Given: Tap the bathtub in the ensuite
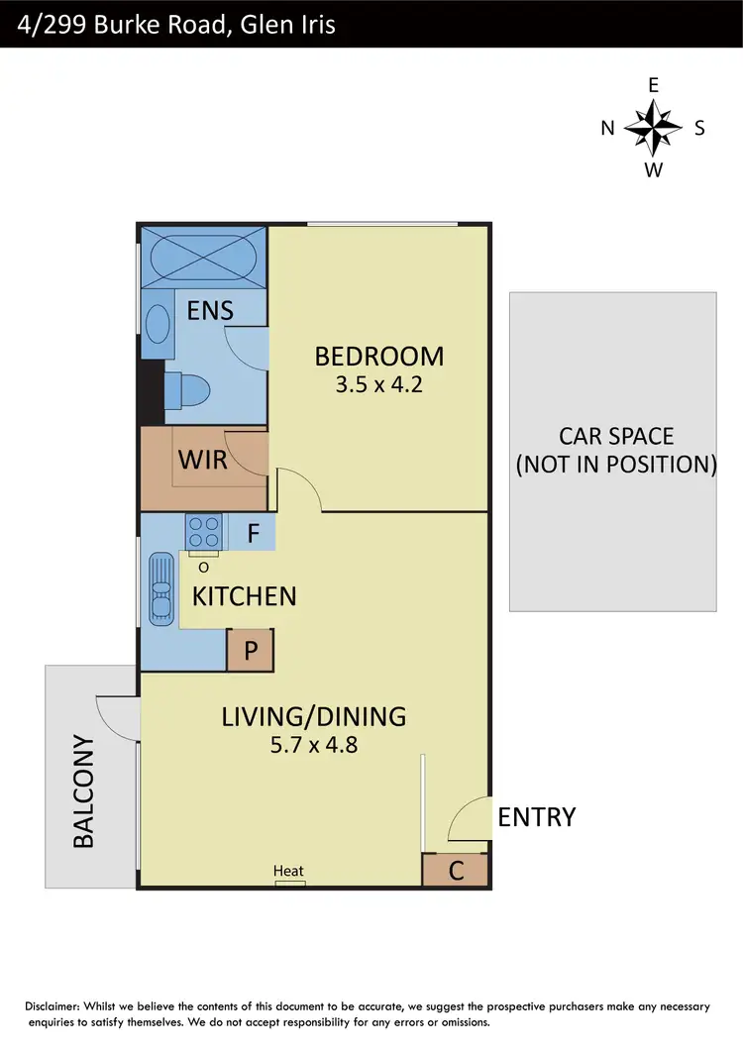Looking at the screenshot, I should click(202, 258).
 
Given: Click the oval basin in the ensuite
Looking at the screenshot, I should click(157, 323).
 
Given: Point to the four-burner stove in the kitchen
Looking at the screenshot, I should click(202, 532).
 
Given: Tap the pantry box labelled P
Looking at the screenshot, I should click(251, 651).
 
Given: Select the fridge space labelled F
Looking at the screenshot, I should click(253, 534).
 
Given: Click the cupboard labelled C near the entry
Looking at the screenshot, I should click(456, 871).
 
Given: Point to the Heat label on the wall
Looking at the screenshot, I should click(289, 872).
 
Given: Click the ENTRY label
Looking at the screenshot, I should click(536, 817).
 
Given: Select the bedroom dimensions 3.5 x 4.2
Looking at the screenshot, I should click(379, 384).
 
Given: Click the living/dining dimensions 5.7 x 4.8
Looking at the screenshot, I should click(313, 744).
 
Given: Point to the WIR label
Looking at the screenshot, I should click(203, 460).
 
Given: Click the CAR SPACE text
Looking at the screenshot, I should click(615, 436).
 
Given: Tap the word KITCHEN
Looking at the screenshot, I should click(244, 596).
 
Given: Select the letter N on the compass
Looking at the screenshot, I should click(608, 128).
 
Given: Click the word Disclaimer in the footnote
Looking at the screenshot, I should click(58, 1006).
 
